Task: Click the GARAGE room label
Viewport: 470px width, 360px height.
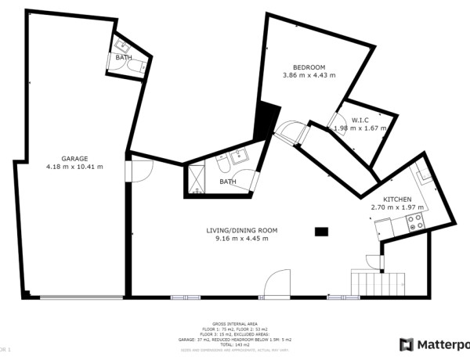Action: [75, 158]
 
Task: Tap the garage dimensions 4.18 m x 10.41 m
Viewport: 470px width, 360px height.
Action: [75, 167]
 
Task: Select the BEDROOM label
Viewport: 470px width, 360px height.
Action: [309, 67]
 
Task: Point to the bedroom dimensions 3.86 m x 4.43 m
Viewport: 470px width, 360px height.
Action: [309, 76]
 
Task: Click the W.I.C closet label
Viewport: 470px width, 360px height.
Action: [360, 120]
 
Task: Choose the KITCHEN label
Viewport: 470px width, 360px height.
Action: [396, 200]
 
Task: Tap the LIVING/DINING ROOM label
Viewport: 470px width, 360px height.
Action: [241, 230]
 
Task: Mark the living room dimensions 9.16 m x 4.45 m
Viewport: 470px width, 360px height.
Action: [241, 239]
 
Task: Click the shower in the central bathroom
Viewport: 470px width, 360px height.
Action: [197, 179]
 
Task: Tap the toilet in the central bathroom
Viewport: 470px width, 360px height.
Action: [223, 171]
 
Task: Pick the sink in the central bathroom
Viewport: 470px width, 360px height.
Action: [240, 156]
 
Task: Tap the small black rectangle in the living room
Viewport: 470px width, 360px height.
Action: [320, 231]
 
